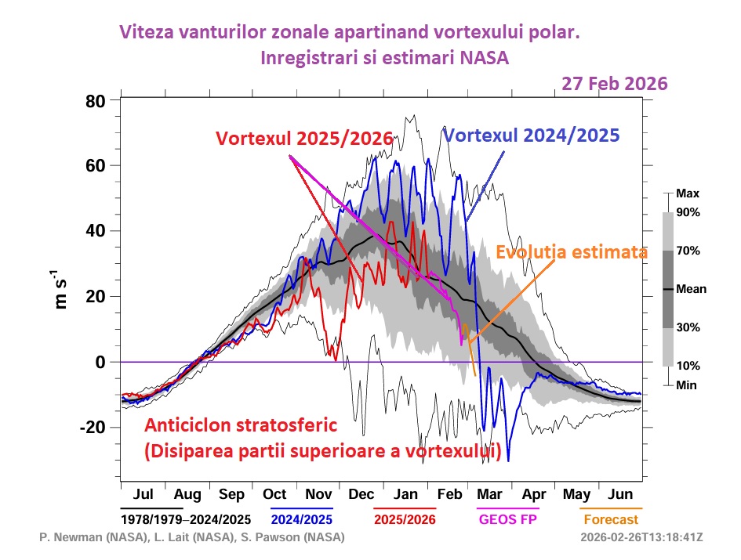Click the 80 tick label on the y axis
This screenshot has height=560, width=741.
point(96,101)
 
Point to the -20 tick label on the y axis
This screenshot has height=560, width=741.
point(93,428)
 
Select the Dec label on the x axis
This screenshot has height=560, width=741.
point(361,495)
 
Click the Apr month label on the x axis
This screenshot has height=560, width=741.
point(533,495)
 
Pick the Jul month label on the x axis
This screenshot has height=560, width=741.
point(143,495)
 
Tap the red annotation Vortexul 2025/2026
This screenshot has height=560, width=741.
point(305,137)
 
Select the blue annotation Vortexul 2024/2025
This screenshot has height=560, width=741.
point(532,134)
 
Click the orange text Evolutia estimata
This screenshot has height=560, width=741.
point(572,252)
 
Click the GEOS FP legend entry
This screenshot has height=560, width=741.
point(503,519)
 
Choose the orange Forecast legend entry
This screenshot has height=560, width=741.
point(610,519)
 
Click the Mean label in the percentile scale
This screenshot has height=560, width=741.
point(691,289)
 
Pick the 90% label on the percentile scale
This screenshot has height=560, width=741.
point(688,212)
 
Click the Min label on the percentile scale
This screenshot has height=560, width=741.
point(686,385)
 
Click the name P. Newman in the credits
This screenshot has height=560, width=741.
point(68,538)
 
